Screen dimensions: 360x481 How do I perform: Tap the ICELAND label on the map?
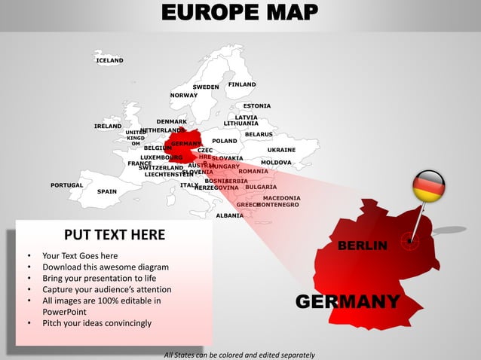[x=109, y=60]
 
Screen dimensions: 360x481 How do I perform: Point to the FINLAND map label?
[x=242, y=84]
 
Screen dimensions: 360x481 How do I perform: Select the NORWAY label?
[x=184, y=96]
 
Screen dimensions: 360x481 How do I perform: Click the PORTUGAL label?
[x=66, y=185]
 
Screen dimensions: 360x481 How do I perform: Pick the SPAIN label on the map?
[x=107, y=191]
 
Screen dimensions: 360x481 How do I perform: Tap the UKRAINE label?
[x=281, y=150]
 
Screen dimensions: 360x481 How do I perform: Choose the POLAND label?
[x=225, y=141]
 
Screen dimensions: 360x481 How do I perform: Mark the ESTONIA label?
[x=256, y=106]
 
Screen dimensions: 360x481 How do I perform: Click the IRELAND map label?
[x=108, y=126]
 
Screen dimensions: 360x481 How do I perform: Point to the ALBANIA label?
[x=229, y=215]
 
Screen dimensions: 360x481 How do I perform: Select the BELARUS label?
[x=259, y=134]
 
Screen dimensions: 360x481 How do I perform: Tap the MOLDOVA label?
[x=276, y=162]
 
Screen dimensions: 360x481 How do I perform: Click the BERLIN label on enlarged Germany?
[x=363, y=246]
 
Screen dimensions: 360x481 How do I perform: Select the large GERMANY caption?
[x=348, y=302]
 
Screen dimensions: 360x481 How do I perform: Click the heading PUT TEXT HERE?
[x=115, y=235]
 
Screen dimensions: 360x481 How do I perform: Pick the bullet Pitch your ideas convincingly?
[x=97, y=323]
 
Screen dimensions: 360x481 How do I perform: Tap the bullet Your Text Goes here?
[x=80, y=255]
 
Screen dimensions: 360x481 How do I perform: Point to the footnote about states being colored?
[x=239, y=355]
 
